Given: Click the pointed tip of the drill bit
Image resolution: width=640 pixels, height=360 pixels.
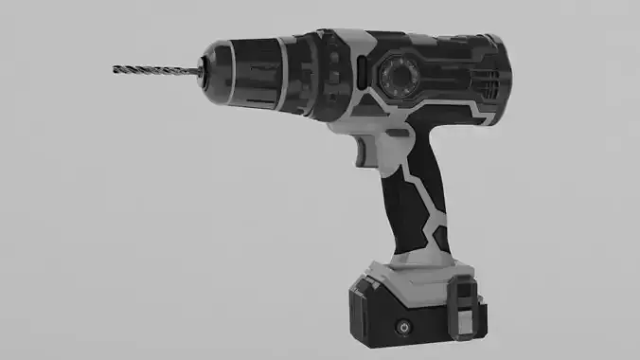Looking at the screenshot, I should coord(115,68).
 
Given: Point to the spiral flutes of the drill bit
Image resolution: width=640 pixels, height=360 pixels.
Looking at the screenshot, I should coord(151,68).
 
